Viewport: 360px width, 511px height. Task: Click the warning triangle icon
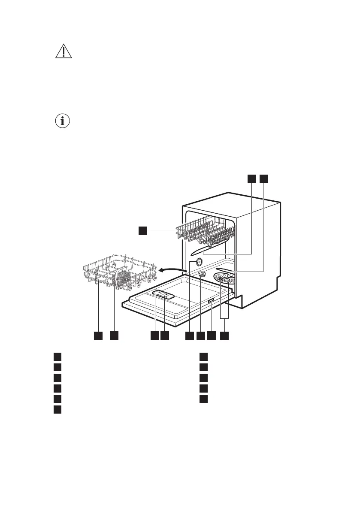64,52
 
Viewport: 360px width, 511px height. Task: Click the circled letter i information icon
64,121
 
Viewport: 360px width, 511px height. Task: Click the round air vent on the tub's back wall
199,262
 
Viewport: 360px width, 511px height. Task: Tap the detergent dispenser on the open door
163,294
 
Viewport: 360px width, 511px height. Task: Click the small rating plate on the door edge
211,303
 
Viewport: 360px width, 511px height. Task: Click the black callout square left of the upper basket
143,231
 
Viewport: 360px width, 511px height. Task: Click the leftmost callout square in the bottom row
98,336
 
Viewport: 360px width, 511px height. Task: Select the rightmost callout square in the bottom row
224,336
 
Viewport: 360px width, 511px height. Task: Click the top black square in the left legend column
57,357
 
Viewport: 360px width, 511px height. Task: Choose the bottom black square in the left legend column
57,410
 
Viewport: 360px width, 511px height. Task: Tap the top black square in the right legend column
204,357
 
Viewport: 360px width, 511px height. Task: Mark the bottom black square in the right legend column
204,399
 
